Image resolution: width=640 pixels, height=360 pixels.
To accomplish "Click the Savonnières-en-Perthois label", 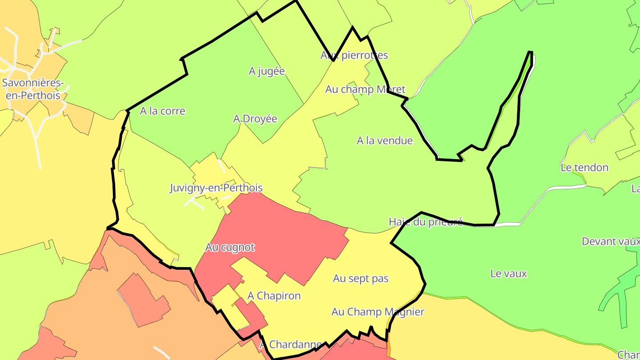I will (x=33, y=89).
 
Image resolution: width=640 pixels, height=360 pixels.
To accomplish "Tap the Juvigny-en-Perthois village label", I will (x=216, y=188).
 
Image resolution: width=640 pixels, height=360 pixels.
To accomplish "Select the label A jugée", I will (x=267, y=71).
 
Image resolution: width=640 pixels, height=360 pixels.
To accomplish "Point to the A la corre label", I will (x=163, y=111).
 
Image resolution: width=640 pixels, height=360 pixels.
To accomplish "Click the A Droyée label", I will (x=255, y=119).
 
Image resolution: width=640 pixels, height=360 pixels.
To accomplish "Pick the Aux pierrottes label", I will (x=354, y=55).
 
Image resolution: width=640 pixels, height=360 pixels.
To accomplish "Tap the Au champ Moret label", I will (x=365, y=89).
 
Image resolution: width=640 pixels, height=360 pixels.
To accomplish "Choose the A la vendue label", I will (x=384, y=141).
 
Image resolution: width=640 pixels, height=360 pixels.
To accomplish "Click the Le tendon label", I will (x=584, y=168).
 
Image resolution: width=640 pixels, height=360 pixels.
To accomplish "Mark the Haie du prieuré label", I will (x=425, y=222).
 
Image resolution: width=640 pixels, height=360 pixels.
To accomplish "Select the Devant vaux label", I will (x=611, y=241).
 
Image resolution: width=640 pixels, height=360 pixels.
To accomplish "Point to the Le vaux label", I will (x=508, y=273).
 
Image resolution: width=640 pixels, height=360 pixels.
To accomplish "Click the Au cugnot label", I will (x=230, y=248).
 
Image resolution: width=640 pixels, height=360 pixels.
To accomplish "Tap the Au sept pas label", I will (x=361, y=279).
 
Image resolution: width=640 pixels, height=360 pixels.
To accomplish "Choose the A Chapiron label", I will (x=274, y=296).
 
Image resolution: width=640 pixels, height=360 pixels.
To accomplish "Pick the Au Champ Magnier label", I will (x=378, y=312).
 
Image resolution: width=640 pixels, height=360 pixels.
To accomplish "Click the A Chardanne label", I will (x=291, y=344).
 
